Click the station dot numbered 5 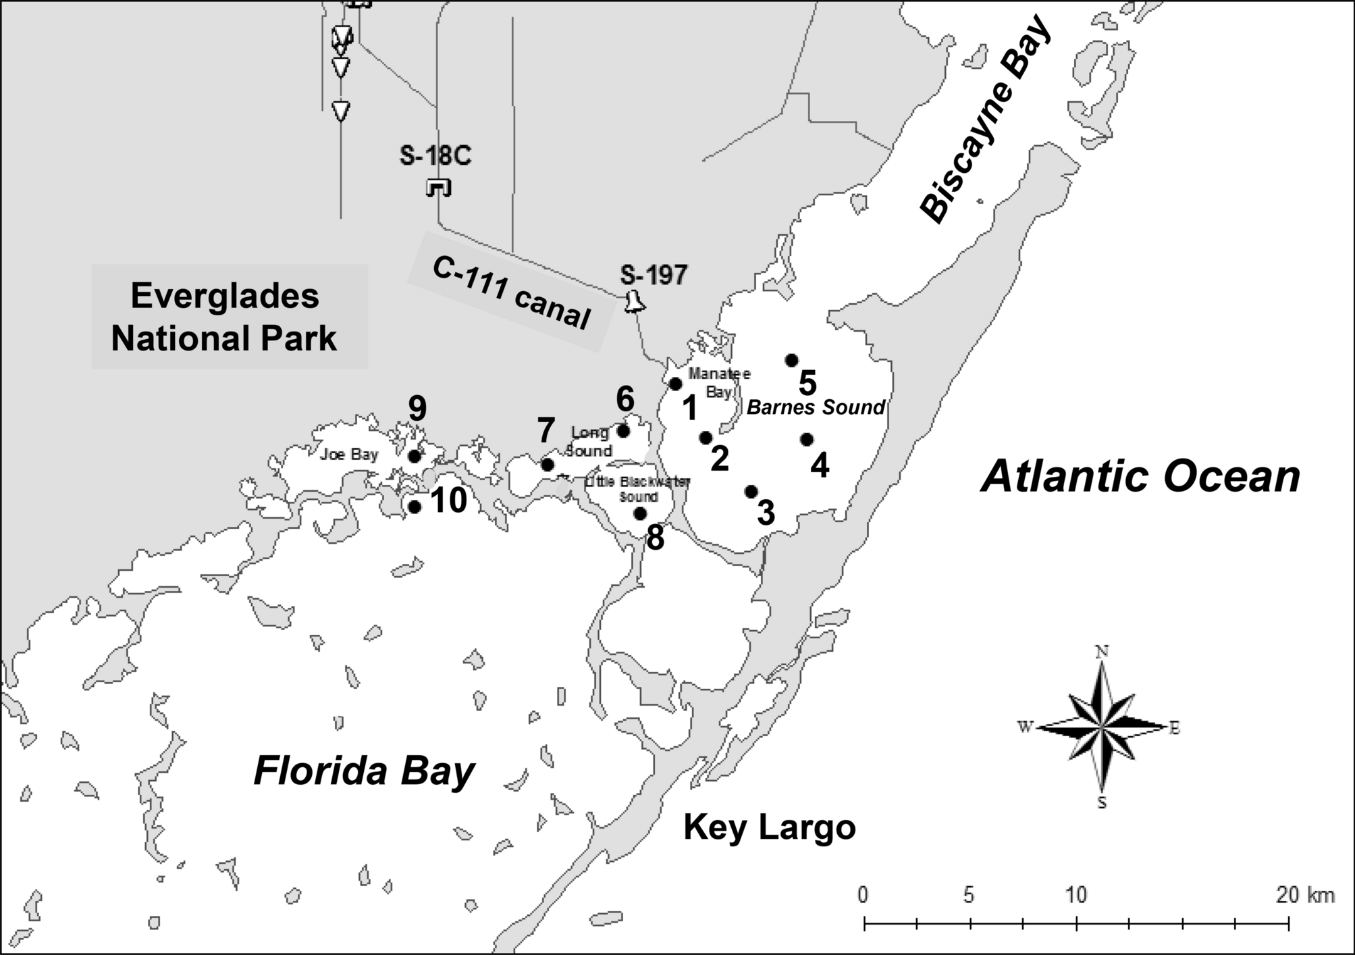click(792, 360)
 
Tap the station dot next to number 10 click(415, 507)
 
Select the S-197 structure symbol click(634, 302)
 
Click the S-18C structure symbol click(438, 188)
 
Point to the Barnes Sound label click(816, 407)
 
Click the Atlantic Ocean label click(1140, 476)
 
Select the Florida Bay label click(365, 772)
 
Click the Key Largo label click(769, 827)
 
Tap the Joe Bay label click(349, 455)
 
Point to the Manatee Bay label click(718, 382)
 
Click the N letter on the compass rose click(1102, 652)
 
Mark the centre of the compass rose click(1101, 727)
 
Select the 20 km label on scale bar click(1304, 896)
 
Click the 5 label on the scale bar click(969, 896)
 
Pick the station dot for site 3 click(751, 492)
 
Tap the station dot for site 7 click(548, 465)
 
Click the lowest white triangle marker click(341, 110)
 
